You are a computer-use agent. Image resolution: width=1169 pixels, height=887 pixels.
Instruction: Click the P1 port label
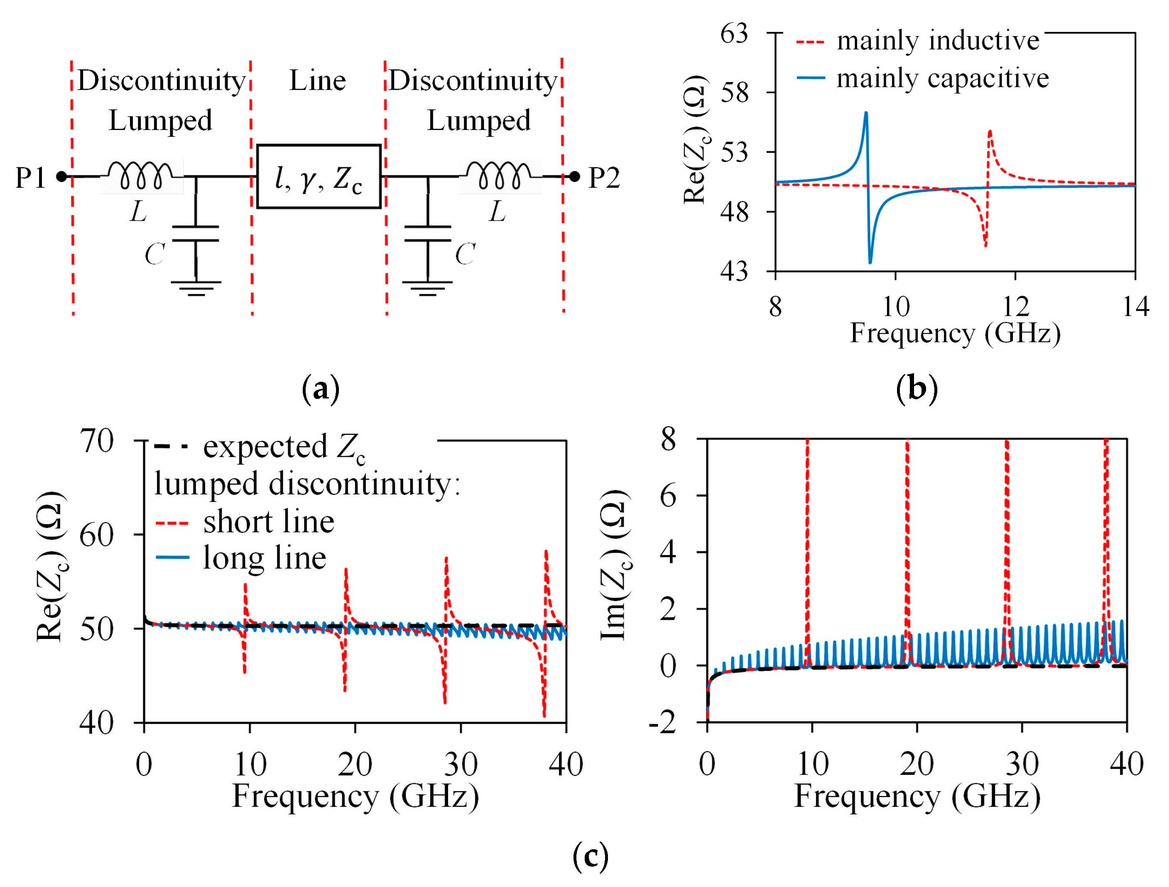(31, 178)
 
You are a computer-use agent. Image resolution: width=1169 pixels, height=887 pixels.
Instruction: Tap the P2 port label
(603, 178)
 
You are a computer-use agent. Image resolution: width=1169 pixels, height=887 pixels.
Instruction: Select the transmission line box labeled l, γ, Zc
(319, 177)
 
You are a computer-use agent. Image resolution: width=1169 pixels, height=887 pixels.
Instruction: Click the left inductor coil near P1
(140, 175)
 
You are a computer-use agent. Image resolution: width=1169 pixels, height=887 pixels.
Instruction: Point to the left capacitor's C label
(154, 254)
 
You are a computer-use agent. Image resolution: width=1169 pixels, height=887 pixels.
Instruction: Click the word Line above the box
(317, 81)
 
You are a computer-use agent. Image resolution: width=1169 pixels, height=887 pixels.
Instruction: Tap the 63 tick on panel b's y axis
(734, 34)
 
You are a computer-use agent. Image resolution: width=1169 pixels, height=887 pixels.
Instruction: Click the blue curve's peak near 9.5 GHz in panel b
(866, 113)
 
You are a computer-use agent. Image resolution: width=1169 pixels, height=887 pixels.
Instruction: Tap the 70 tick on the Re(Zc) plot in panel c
(96, 441)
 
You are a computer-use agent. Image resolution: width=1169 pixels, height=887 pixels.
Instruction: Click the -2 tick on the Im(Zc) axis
(662, 724)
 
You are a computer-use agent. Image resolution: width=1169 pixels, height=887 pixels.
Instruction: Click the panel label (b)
(917, 388)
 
